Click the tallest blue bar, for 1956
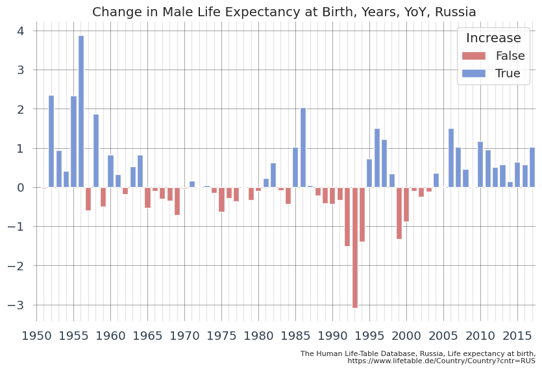click(x=81, y=111)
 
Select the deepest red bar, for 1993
click(x=355, y=248)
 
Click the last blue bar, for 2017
click(x=532, y=168)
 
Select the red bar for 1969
click(x=177, y=201)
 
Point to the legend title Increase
click(x=493, y=38)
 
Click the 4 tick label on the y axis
click(x=21, y=31)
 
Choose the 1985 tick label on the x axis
click(x=295, y=336)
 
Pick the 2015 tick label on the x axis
click(x=517, y=336)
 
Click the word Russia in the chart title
click(x=454, y=12)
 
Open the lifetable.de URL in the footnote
click(x=441, y=361)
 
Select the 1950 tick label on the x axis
click(x=36, y=336)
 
